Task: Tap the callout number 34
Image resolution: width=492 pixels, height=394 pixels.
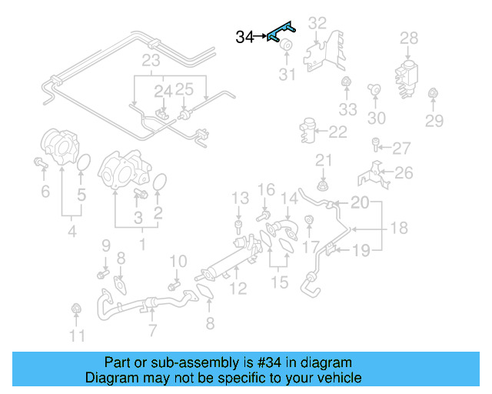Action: coord(244,37)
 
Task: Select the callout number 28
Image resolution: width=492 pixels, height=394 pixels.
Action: coord(409,38)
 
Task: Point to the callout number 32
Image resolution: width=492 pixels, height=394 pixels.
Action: coord(317,24)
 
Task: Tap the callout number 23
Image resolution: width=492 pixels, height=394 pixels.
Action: coord(151,61)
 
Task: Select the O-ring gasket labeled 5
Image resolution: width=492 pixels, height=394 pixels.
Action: coord(85,163)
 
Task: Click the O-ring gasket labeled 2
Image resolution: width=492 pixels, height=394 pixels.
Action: coord(160,183)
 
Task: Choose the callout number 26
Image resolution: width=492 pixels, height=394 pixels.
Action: coord(404,174)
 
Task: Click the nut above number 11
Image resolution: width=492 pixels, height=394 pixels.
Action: coord(76,309)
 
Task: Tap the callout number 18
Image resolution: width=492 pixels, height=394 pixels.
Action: coord(398,229)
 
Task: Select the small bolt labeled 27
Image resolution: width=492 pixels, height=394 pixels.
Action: coord(374,144)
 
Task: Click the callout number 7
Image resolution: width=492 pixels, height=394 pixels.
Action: coord(152,331)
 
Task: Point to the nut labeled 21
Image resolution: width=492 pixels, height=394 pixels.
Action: coord(324,185)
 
